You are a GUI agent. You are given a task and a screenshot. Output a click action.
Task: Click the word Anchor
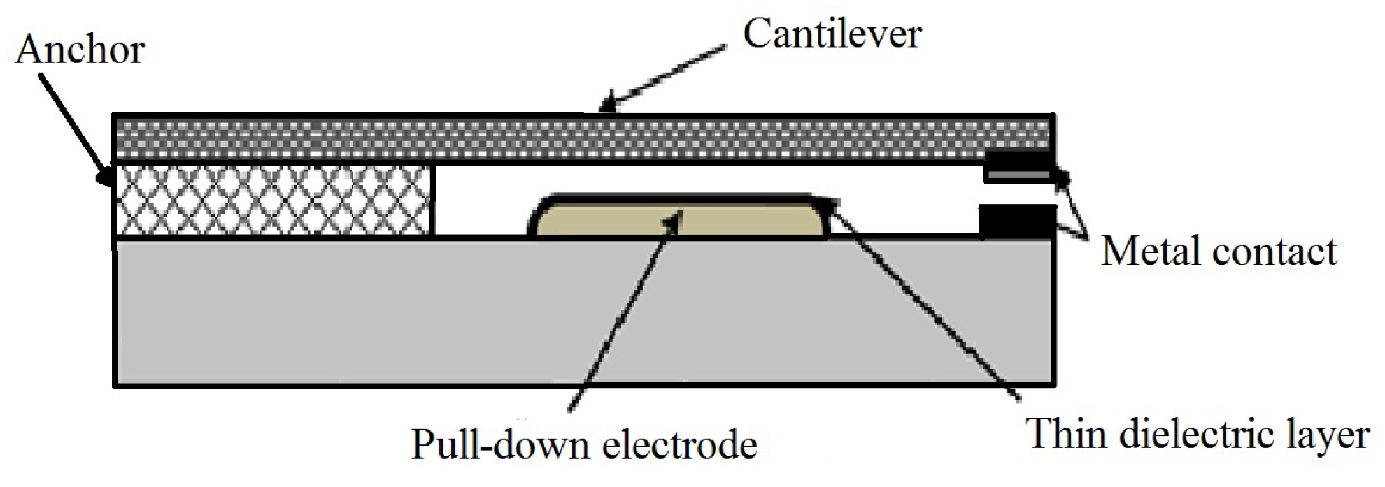coord(80,50)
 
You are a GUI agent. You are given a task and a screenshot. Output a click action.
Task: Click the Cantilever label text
coord(832,34)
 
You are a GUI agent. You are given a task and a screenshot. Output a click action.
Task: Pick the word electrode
coord(680,444)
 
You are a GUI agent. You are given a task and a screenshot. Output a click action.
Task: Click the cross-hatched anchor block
coord(274,200)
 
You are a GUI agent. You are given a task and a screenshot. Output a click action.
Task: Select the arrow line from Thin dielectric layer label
coord(923,300)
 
